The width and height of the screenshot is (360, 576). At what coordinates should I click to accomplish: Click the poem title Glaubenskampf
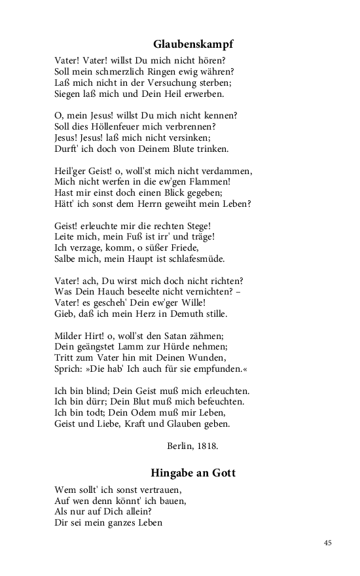[193, 45]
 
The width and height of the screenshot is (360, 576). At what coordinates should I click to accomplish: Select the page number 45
[328, 543]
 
